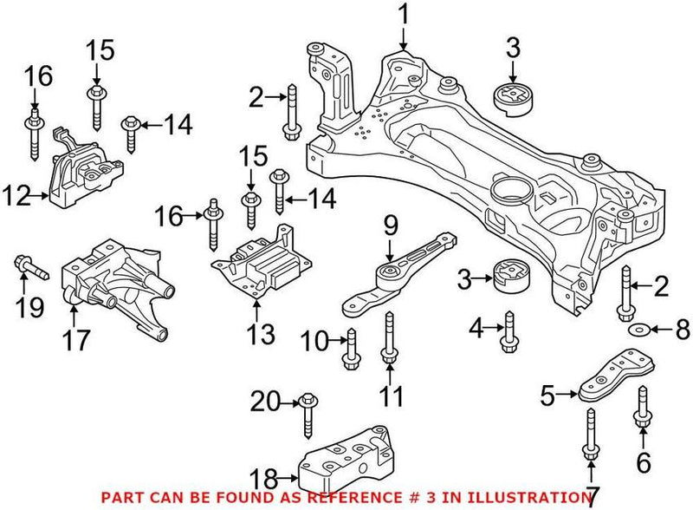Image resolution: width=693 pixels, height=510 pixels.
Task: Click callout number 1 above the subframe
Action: (402, 14)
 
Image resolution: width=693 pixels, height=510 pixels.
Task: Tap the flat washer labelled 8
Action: (636, 330)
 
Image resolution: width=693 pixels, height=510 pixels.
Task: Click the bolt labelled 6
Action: (642, 410)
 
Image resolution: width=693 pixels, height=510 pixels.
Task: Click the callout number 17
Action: (76, 339)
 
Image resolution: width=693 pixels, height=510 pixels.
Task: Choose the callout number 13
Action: (259, 333)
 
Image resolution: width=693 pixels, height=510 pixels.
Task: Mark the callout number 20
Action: (264, 401)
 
